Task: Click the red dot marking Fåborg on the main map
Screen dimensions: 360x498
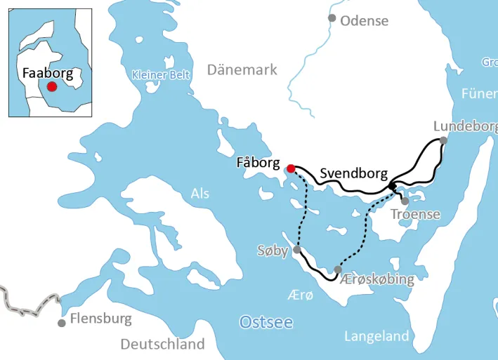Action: point(291,168)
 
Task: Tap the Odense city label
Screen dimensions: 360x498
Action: point(364,20)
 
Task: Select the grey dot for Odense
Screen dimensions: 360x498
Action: point(332,18)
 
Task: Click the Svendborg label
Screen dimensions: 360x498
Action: point(350,173)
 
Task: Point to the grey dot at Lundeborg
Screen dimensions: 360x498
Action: point(443,141)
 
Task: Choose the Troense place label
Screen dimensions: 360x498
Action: point(415,214)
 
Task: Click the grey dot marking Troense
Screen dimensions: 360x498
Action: point(405,201)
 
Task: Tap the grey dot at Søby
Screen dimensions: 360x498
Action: point(297,250)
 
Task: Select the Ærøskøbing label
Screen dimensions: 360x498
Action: point(376,279)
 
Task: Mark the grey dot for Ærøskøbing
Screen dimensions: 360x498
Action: point(338,269)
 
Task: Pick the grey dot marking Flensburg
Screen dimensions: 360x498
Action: point(62,323)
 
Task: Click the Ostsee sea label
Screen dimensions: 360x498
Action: point(266,322)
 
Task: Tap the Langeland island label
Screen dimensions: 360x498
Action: point(376,337)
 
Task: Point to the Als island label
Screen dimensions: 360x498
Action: point(199,194)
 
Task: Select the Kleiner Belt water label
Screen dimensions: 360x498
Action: point(161,74)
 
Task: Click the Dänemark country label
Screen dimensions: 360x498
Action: point(242,69)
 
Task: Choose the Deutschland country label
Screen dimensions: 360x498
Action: point(162,344)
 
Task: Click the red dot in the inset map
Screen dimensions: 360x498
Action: point(51,86)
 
